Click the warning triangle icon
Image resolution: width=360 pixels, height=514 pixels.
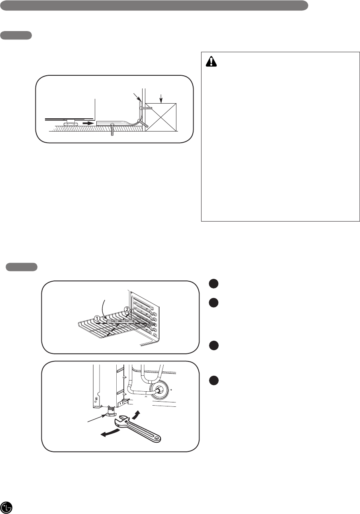211,61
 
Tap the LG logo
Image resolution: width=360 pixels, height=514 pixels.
6,507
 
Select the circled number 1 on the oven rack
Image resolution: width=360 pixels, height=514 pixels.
97,318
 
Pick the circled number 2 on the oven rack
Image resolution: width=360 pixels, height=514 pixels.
127,309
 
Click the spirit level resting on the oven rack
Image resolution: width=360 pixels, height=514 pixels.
119,321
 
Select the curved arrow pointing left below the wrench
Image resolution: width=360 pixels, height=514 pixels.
111,433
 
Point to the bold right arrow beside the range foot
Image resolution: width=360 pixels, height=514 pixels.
88,123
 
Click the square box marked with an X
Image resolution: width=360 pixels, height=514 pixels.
161,117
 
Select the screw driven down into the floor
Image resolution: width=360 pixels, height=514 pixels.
112,129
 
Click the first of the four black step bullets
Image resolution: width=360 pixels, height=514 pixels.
213,284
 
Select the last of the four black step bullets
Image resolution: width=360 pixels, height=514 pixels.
213,381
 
